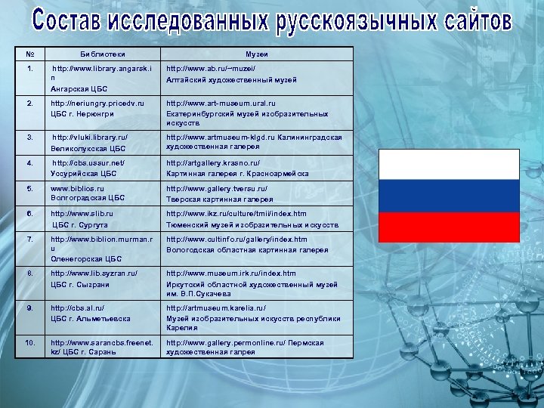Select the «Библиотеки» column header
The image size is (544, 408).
point(104,55)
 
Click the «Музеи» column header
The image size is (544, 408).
point(257,55)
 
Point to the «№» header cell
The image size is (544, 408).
point(29,55)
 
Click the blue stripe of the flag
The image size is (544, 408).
point(449,196)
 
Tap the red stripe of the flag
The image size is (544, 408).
point(449,227)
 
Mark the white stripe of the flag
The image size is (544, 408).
point(449,165)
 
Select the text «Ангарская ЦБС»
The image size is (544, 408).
point(80,88)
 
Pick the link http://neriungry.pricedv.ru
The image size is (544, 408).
point(97,104)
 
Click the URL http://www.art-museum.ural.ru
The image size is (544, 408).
point(221,104)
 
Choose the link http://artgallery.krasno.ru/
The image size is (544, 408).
point(213,163)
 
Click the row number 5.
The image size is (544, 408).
point(29,188)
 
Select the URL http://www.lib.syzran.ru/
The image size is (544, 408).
point(94,274)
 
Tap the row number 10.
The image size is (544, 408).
point(29,343)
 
